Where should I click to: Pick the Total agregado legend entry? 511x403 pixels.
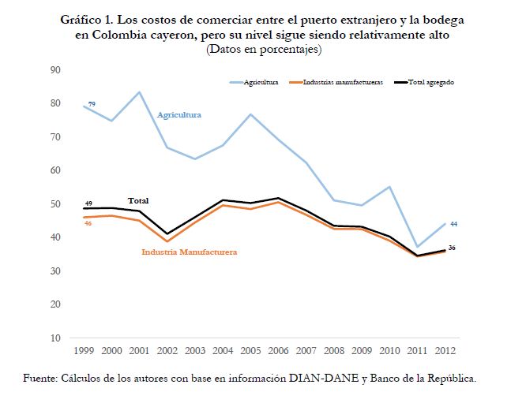tap(430, 81)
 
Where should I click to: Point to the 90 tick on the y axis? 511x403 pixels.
tap(55, 70)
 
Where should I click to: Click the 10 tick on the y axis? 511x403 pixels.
tap(55, 338)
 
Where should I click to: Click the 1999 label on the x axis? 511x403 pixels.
tap(84, 349)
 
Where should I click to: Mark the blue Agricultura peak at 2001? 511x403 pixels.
tap(140, 92)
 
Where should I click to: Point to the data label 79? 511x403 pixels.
tap(92, 104)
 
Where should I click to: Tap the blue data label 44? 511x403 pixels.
tap(454, 224)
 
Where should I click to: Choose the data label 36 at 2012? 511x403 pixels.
tap(452, 248)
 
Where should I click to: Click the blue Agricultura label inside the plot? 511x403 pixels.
tap(179, 115)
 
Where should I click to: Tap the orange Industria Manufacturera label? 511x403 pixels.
tap(190, 252)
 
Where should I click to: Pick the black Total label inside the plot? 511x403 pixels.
tap(138, 201)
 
